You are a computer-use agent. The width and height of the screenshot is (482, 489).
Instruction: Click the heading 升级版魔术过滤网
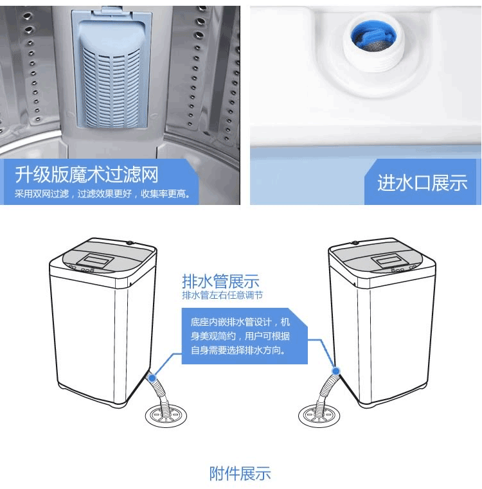tap(87, 174)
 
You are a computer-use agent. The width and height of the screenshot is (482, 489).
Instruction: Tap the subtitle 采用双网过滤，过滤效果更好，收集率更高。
tap(102, 194)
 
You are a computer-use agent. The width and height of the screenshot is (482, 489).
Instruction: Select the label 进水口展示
tap(422, 182)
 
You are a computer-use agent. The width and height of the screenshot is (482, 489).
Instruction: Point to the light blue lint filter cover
tap(112, 70)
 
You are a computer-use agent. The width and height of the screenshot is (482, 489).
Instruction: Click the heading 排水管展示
tap(220, 281)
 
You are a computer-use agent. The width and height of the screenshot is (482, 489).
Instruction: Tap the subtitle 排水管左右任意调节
tap(222, 295)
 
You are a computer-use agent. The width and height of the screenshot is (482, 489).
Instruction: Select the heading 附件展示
tap(240, 474)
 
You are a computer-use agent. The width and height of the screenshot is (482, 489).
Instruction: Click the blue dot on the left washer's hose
tap(152, 378)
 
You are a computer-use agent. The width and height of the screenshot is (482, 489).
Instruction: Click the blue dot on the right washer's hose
tap(336, 371)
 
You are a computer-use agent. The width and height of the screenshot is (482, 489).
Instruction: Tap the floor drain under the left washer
tap(166, 415)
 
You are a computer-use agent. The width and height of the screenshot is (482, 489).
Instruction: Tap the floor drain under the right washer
tap(319, 415)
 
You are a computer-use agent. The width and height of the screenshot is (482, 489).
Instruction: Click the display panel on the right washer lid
tap(389, 260)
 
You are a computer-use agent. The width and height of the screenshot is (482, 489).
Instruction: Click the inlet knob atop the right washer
tap(354, 243)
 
